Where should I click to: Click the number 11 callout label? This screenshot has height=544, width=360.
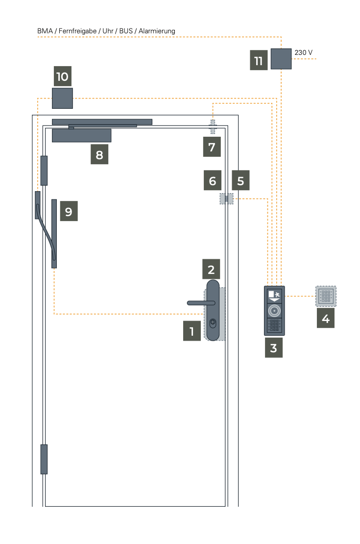point(259,60)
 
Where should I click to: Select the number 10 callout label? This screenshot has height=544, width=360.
point(62,76)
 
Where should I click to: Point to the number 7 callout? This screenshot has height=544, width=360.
point(212,147)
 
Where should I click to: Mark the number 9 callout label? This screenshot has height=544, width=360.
point(69,211)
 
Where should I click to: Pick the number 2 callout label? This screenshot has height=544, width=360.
point(211,269)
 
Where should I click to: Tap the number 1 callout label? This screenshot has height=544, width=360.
point(192,331)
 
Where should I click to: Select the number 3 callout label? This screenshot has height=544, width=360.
point(274,347)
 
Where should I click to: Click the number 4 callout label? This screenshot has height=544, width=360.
point(326,318)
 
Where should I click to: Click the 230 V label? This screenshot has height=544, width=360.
point(304,52)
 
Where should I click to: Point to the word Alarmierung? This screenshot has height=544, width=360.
point(157,31)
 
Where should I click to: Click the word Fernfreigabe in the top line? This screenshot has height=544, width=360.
point(78,31)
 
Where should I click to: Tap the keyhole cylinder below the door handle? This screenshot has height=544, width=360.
point(213,323)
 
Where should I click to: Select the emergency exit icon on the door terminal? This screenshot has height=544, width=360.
point(274,296)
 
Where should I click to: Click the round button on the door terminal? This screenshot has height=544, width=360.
point(274,311)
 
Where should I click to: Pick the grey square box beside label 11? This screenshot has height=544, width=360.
point(281,59)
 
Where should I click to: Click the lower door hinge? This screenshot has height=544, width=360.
point(44,459)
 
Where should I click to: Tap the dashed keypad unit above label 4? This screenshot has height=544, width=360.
point(326,297)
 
